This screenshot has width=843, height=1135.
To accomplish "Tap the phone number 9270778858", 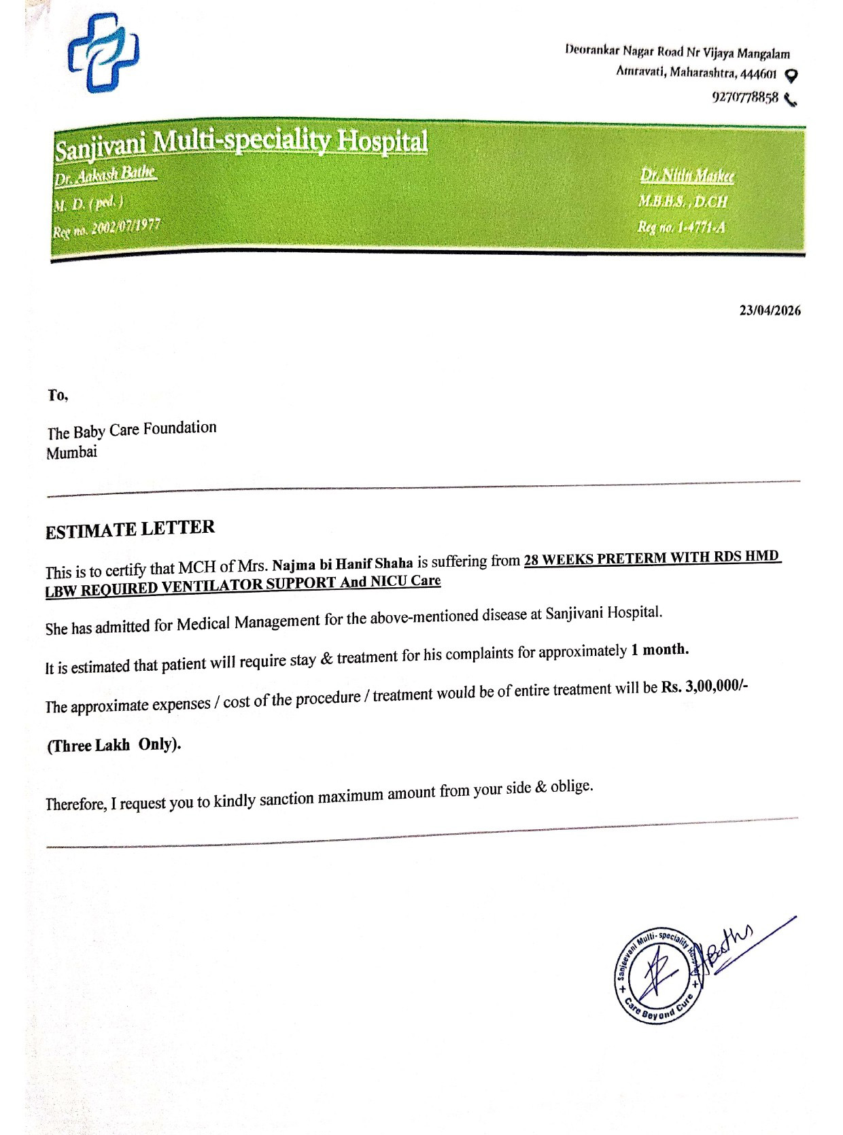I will click(x=744, y=98).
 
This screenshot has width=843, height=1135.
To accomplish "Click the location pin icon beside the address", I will click(x=791, y=75).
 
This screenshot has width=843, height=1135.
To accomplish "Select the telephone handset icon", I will click(x=790, y=100).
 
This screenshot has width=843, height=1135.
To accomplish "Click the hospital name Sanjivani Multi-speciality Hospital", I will click(x=241, y=143).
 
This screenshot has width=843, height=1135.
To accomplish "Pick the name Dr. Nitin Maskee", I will click(x=687, y=177).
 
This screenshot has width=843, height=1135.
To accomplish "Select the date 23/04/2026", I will click(x=770, y=311).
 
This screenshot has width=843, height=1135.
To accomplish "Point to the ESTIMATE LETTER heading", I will click(x=130, y=529).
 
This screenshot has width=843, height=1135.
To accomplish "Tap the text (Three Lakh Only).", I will click(x=114, y=745).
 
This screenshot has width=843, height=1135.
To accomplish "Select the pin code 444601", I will click(x=760, y=73).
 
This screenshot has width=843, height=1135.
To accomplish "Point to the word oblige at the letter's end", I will click(x=571, y=787).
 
